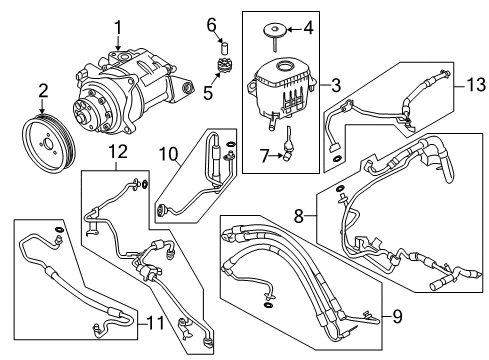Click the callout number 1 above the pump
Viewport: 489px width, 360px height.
click(118, 28)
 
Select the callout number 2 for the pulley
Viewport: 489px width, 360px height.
click(43, 91)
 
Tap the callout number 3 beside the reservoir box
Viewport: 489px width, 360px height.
click(336, 85)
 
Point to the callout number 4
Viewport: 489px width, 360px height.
click(309, 28)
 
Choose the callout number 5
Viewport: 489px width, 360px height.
click(208, 93)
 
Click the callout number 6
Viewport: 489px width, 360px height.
click(212, 25)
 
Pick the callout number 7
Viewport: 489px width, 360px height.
click(264, 156)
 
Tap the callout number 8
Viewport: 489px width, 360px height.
click(299, 216)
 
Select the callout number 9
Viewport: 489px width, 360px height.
click(397, 316)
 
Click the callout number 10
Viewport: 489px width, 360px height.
click(169, 154)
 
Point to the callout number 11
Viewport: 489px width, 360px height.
click(156, 323)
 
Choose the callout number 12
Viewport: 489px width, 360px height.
click(118, 152)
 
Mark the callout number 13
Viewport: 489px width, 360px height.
click(476, 85)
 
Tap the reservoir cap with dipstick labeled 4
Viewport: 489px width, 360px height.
click(275, 36)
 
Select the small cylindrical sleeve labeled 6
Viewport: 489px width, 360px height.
click(224, 48)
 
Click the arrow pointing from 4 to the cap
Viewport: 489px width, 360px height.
click(294, 29)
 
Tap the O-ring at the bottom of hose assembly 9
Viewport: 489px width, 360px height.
click(269, 305)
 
